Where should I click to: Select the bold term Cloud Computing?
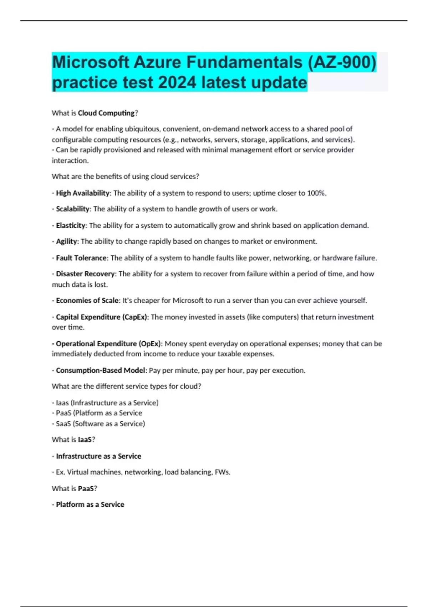point(106,113)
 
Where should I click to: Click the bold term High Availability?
point(83,193)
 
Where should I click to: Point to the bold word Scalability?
point(73,209)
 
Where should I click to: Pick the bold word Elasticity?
point(71,226)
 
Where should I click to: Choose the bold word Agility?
point(66,241)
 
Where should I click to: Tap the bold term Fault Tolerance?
point(81,258)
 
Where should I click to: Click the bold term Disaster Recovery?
point(85,274)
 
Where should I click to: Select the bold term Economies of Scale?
point(87,301)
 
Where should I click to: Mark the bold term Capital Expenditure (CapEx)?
point(101,317)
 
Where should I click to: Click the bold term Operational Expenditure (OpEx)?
point(108,344)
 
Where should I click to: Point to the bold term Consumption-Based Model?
point(101,371)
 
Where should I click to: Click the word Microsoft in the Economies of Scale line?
point(188,301)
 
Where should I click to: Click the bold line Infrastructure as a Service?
point(98,456)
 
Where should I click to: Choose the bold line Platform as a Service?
point(90,505)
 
